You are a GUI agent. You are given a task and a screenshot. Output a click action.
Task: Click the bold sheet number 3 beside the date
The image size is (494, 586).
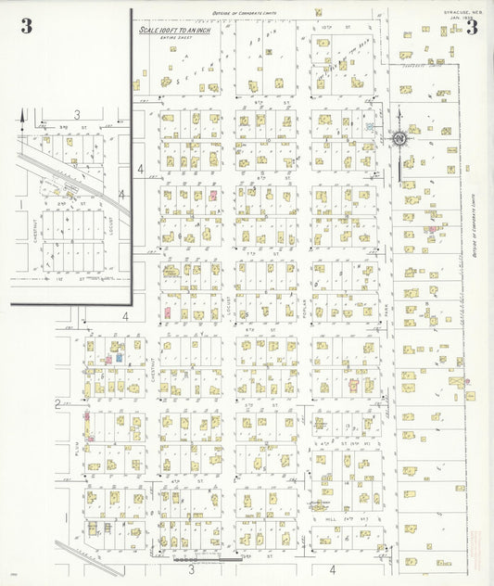[x=472, y=27]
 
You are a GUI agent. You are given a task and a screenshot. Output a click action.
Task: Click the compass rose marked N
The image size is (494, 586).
[x=399, y=139]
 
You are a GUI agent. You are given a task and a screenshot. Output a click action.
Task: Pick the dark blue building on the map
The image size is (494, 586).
[x=120, y=357]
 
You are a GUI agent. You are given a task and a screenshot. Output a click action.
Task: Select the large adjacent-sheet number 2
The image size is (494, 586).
[x=57, y=403]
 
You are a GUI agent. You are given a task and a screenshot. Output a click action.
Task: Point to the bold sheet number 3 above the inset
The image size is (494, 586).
[x=26, y=26]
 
